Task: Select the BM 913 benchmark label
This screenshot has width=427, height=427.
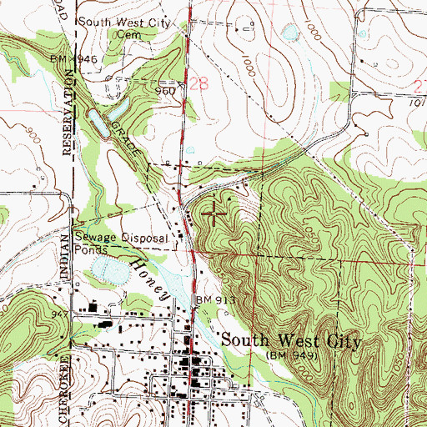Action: (216, 299)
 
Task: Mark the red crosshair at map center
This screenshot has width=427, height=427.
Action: (213, 213)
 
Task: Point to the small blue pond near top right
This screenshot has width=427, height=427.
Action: (290, 33)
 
